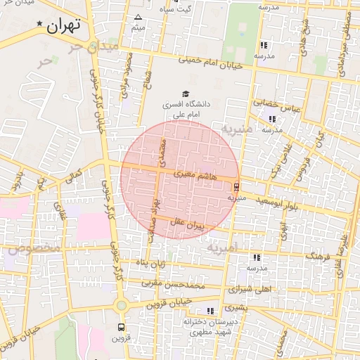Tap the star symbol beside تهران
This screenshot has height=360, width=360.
click(x=40, y=23)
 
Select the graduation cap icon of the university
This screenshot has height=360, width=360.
click(x=186, y=94)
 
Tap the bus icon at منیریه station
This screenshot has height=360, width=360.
click(x=236, y=187)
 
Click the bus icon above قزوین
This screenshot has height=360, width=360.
click(x=122, y=328)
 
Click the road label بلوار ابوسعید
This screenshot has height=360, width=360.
click(x=280, y=202)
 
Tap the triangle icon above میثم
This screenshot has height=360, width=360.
click(x=138, y=17)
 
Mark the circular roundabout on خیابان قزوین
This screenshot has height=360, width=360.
click(x=122, y=304)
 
